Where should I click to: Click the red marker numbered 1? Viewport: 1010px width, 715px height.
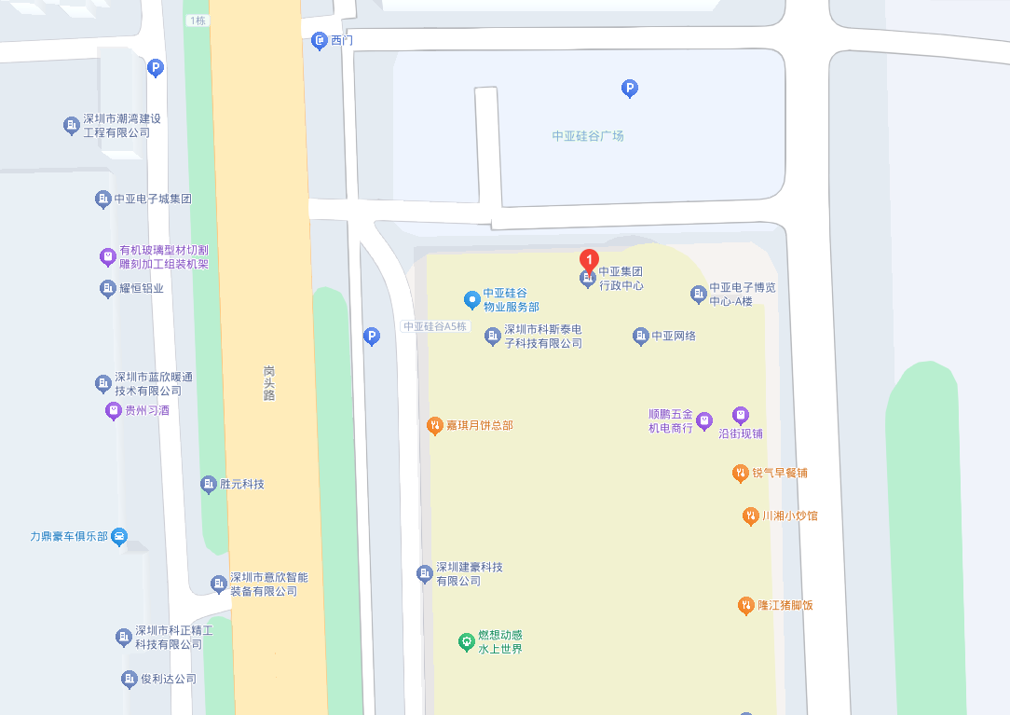click(588, 260)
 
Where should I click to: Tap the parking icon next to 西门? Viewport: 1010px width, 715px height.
click(320, 41)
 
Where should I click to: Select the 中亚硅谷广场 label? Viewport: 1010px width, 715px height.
click(588, 136)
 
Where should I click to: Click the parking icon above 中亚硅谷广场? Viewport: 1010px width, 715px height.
click(630, 89)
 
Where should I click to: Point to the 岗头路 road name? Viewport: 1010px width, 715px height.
click(269, 382)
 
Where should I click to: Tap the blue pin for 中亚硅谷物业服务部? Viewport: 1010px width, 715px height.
click(471, 299)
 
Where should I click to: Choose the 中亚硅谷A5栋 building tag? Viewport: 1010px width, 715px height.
click(435, 327)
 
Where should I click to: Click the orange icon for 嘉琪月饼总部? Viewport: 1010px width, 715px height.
click(434, 426)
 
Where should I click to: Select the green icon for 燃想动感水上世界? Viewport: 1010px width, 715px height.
click(467, 641)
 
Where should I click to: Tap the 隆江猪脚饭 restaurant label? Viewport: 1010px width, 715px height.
click(785, 605)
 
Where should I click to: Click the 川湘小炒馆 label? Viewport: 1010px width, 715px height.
click(789, 516)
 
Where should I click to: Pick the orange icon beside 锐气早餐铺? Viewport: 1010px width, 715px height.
click(740, 473)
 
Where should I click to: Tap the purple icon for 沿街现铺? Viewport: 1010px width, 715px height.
click(740, 415)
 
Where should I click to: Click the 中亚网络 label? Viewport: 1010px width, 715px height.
click(674, 336)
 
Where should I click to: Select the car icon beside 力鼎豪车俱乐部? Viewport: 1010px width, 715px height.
click(119, 537)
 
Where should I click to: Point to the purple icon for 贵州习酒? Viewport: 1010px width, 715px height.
click(113, 410)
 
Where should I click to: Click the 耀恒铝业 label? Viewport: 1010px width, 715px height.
click(142, 288)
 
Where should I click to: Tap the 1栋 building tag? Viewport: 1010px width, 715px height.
click(197, 21)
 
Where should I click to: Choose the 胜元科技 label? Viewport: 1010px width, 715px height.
click(242, 485)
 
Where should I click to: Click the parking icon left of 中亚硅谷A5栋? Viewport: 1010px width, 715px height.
click(372, 336)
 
